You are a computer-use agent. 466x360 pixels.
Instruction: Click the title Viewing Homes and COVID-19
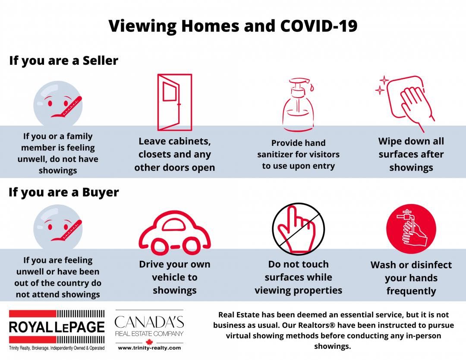point(233,26)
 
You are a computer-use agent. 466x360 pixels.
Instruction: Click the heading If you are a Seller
point(63,61)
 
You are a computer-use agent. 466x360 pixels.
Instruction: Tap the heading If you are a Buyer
point(63,193)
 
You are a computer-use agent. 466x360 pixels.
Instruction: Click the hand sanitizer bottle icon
point(298,104)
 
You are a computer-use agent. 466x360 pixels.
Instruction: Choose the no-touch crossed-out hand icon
point(299,229)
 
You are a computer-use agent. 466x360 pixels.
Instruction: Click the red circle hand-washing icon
point(411,229)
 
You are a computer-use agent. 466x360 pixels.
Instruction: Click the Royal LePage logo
point(57,330)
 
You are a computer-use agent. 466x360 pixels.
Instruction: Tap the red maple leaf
point(149,341)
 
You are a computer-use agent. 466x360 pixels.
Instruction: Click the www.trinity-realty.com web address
point(149,348)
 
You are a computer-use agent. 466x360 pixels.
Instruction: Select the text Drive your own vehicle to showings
point(174,278)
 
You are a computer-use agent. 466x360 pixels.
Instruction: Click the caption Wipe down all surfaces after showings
point(411,154)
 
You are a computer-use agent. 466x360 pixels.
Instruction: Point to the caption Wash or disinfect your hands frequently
point(411,278)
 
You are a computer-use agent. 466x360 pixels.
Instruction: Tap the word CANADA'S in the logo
point(149,322)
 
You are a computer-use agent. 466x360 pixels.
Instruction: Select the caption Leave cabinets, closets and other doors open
point(174,154)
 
